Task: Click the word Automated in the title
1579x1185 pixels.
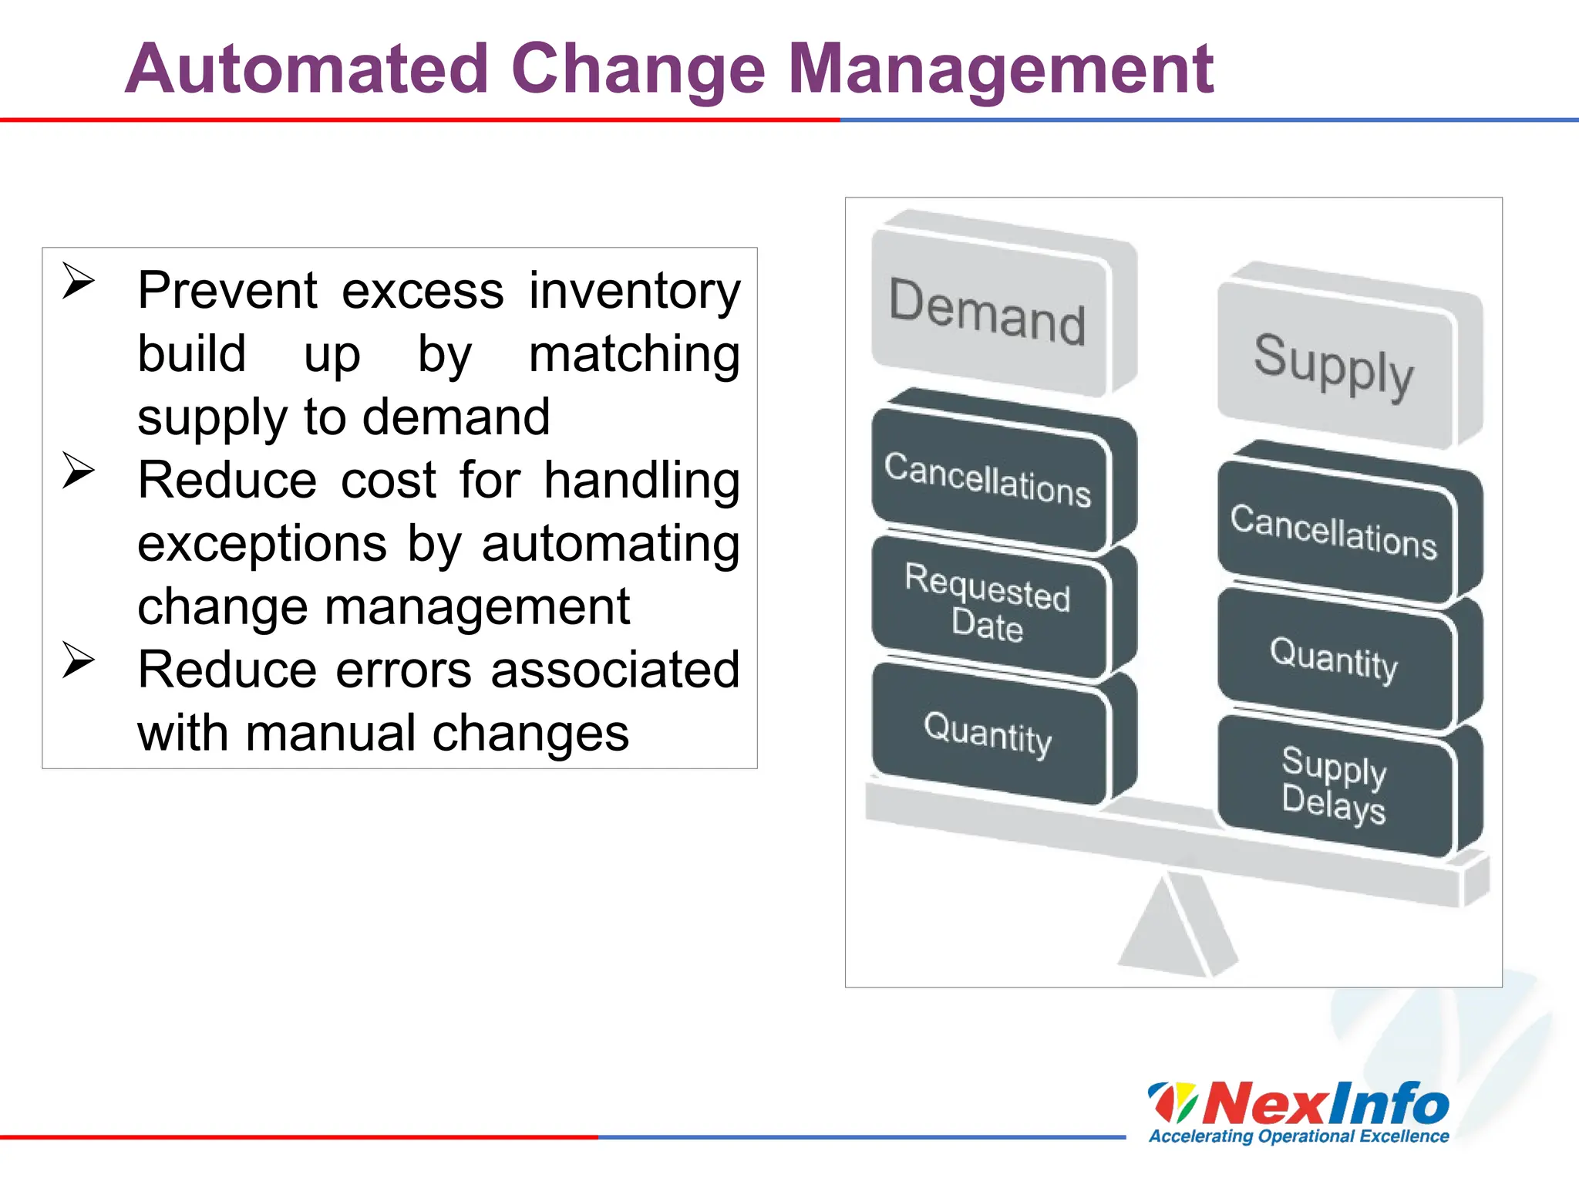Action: (307, 69)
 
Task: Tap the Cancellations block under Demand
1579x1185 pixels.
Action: (988, 479)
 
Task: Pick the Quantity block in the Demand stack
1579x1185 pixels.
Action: (988, 733)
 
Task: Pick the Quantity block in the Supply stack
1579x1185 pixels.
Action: (1333, 660)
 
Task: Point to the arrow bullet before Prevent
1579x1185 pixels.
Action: (78, 281)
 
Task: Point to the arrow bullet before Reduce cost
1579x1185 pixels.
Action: (78, 470)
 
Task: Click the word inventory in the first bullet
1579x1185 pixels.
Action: (634, 292)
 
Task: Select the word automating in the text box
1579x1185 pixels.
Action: (610, 544)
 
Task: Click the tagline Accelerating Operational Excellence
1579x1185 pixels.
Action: (1298, 1136)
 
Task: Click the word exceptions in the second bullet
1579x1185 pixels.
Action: (262, 544)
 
